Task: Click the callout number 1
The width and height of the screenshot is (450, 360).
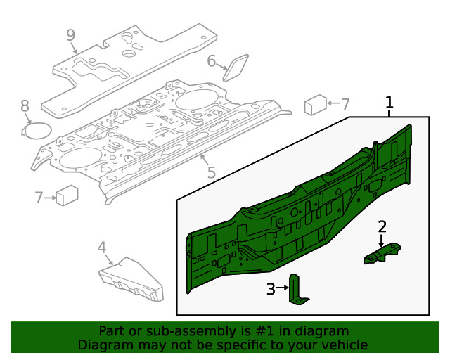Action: (389, 103)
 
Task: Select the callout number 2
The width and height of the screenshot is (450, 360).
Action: (382, 226)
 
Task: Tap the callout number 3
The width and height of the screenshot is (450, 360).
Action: (271, 288)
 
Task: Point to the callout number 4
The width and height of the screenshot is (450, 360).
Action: (101, 247)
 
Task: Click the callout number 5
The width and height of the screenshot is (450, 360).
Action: (211, 172)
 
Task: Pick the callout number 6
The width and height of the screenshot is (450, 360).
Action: (212, 61)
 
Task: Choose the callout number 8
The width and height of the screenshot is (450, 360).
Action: (25, 106)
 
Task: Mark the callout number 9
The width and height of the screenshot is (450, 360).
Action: (70, 34)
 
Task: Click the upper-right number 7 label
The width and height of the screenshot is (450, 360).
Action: (345, 104)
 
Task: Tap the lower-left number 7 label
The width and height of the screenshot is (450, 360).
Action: (39, 198)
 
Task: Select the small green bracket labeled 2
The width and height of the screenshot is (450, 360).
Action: (382, 253)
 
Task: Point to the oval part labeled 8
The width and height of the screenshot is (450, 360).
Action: (37, 131)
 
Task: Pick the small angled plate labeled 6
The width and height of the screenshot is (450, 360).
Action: (235, 67)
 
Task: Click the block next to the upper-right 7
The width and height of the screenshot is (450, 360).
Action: (313, 105)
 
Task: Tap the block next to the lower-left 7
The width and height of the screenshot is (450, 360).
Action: (67, 195)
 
